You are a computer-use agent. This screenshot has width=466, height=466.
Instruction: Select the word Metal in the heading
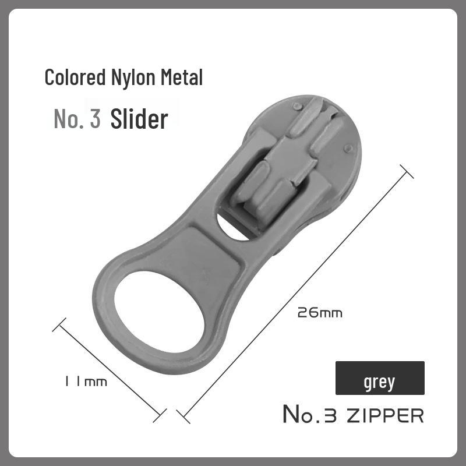(x=182, y=78)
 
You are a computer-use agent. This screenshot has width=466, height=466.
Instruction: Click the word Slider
(x=139, y=118)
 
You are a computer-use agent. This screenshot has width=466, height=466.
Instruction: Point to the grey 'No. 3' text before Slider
(x=77, y=118)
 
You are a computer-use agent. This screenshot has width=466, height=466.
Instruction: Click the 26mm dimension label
(x=319, y=313)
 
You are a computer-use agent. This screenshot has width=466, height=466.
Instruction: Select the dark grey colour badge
(x=380, y=378)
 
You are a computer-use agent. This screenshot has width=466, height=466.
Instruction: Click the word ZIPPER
(x=384, y=415)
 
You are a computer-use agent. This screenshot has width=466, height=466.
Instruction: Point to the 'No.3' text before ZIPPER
(x=312, y=415)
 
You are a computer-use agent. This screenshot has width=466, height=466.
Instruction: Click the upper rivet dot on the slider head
(x=296, y=107)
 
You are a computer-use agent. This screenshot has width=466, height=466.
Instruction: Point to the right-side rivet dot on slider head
(x=348, y=149)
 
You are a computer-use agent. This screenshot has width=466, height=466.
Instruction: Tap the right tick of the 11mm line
(x=160, y=415)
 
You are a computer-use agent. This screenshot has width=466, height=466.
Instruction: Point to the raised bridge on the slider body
(x=274, y=175)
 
